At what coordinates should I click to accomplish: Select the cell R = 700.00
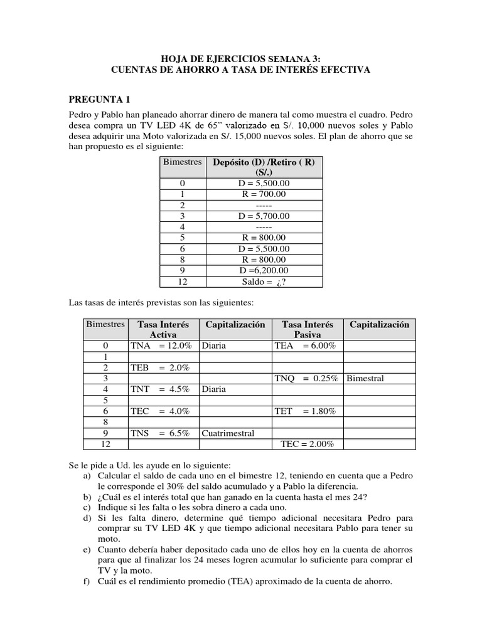264,194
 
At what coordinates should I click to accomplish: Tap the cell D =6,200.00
264,270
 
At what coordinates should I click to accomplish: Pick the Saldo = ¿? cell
264,282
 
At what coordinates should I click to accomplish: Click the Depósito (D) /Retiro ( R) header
264,167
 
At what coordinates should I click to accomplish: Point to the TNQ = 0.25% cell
306,378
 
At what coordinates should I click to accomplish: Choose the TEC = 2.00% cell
307,444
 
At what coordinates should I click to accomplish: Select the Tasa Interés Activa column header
163,330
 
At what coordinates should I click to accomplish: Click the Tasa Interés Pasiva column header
308,330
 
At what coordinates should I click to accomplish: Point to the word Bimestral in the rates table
365,378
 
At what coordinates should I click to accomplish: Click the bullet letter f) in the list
86,581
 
